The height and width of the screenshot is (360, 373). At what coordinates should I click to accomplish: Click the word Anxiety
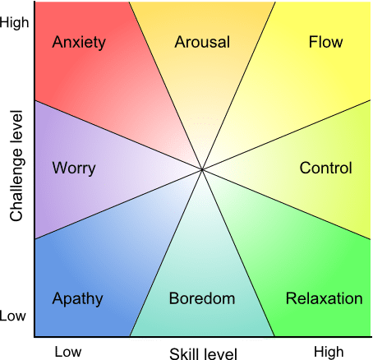coord(79,42)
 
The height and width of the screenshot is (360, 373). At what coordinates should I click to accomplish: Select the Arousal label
coord(202,42)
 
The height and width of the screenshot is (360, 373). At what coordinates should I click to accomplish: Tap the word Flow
coord(325,42)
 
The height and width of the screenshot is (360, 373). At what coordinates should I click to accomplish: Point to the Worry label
coord(74,168)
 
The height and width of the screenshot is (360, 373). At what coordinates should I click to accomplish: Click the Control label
coord(325,168)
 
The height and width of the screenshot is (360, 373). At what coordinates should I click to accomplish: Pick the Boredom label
coord(202,298)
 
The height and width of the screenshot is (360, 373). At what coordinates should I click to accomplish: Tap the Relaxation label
coord(324,298)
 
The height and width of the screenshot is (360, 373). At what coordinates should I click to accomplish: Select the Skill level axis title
coord(203,353)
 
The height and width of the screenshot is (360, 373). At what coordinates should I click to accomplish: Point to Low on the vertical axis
coord(15,316)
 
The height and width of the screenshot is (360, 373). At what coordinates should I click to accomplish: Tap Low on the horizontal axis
coord(68,352)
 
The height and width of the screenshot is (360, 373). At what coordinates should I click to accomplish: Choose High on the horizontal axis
coord(329,352)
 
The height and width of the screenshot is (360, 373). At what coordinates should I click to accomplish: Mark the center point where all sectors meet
coord(202,169)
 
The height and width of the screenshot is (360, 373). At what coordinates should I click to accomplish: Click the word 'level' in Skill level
coord(220,353)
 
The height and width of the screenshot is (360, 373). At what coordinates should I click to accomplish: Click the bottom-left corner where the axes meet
coord(35,336)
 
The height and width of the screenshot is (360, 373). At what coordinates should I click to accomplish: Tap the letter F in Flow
coord(313,42)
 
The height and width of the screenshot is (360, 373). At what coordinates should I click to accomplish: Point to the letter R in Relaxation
coord(290,298)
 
